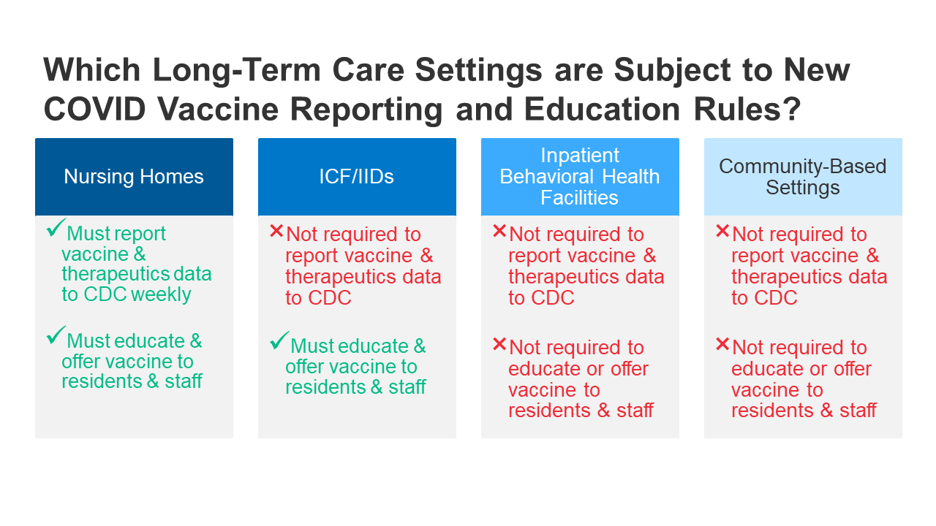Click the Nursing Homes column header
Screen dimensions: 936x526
point(134,177)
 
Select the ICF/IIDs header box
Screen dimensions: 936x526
point(358,177)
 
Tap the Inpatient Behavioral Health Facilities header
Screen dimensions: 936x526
point(580,177)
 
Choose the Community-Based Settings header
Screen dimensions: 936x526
point(803,177)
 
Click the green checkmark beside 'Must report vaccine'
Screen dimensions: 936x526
point(56,227)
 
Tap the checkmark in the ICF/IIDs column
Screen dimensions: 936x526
point(279,340)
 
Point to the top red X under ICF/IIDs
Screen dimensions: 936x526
point(276,231)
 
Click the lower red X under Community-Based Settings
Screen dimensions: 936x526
point(722,344)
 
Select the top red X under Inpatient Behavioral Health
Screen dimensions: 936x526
point(499,231)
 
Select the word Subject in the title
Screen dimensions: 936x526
point(672,70)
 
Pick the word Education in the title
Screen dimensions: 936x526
point(602,110)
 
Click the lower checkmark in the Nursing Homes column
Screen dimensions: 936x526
point(56,335)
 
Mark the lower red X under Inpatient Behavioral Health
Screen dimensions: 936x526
point(499,344)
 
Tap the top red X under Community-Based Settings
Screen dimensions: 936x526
point(722,231)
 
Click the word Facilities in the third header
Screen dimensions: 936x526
point(579,197)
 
